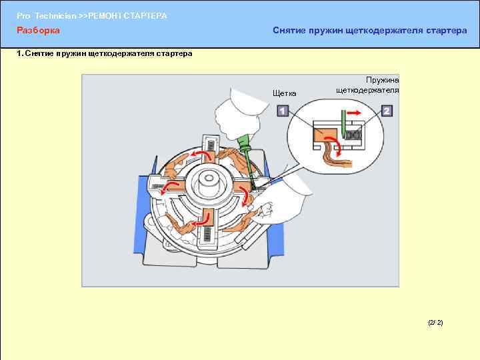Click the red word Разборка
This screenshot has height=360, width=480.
pos(38,30)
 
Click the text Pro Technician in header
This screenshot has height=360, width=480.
pos(46,16)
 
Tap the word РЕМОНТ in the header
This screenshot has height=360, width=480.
pos(105,16)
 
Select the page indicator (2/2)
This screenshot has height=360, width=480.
pos(435,323)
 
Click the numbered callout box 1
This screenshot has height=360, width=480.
pos(283,111)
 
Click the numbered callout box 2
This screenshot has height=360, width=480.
pos(387,111)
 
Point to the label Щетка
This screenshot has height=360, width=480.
pos(285,93)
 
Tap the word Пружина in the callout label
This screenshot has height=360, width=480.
pos(383,80)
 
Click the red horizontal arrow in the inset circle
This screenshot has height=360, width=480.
pos(354,113)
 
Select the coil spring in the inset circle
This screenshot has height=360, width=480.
pos(353,135)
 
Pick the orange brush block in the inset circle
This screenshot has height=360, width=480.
pos(325,135)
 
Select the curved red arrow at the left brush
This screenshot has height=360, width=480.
pos(169,187)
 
